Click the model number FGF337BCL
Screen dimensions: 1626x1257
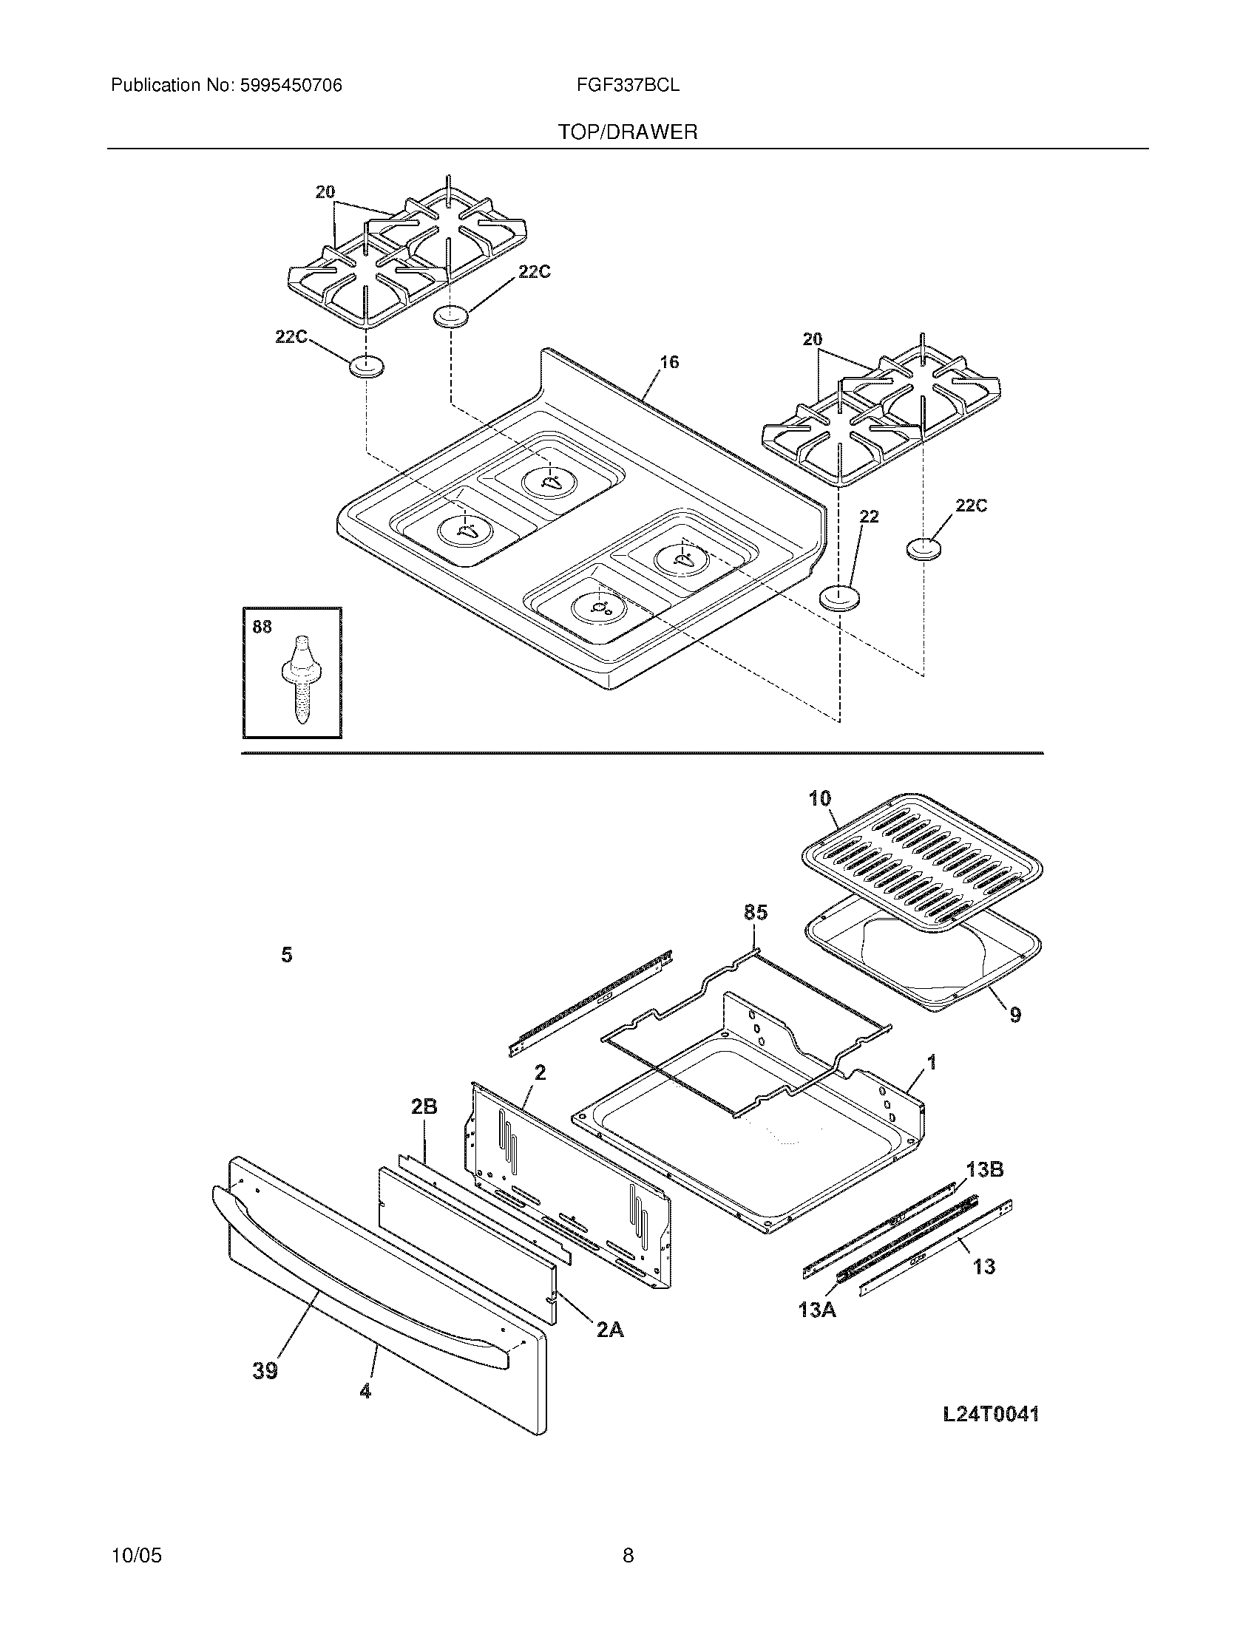pos(627,86)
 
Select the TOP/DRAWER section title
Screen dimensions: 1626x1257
pos(628,132)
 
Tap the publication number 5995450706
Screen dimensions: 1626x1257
pos(291,86)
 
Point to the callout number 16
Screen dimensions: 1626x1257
pos(669,362)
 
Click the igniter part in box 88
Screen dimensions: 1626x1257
pos(300,677)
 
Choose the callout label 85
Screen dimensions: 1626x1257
pos(755,912)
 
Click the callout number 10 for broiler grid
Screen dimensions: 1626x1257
pos(819,799)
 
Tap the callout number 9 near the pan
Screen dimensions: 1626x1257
pos(1015,1014)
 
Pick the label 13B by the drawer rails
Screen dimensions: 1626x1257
pos(984,1170)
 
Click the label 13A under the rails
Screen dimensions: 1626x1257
pos(817,1310)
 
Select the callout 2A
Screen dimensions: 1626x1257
pos(610,1329)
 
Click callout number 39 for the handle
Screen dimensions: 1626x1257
pos(265,1370)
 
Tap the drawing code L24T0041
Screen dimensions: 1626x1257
pos(990,1415)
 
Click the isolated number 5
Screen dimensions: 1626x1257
pos(287,954)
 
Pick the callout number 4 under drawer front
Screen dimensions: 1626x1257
pos(365,1391)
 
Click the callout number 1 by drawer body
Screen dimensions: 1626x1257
pos(931,1062)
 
